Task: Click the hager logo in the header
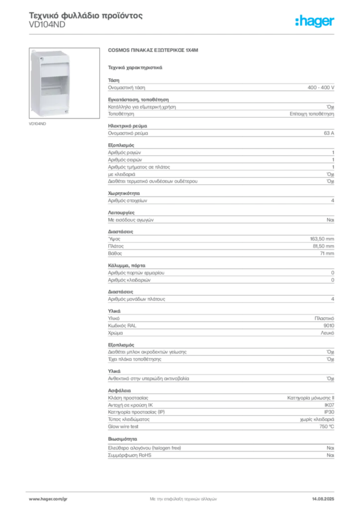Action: pyautogui.click(x=315, y=21)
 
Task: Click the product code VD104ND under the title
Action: pyautogui.click(x=47, y=25)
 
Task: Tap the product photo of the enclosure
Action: pyautogui.click(x=64, y=83)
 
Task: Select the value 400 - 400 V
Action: pyautogui.click(x=321, y=87)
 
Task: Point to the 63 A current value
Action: pyautogui.click(x=329, y=133)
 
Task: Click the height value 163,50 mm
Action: pyautogui.click(x=322, y=239)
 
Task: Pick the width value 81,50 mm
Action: pyautogui.click(x=323, y=246)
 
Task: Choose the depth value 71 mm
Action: pyautogui.click(x=327, y=253)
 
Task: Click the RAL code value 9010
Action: pyautogui.click(x=329, y=326)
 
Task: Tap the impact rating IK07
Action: pyautogui.click(x=329, y=405)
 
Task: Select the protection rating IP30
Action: pyautogui.click(x=329, y=412)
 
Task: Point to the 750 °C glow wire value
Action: pyautogui.click(x=327, y=426)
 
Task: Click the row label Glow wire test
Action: pyautogui.click(x=123, y=426)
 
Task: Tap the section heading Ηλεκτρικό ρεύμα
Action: pyautogui.click(x=128, y=126)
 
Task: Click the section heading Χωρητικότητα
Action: pyautogui.click(x=124, y=193)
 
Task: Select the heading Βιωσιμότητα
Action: pyautogui.click(x=122, y=439)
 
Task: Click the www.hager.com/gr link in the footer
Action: pyautogui.click(x=48, y=499)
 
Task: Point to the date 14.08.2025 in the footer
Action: pyautogui.click(x=323, y=499)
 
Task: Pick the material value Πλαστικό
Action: pyautogui.click(x=324, y=319)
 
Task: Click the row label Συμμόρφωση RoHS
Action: pyautogui.click(x=129, y=455)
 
